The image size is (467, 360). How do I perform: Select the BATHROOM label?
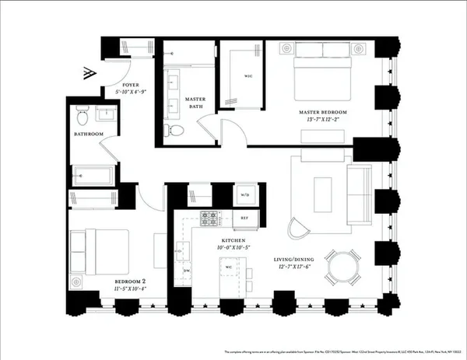point(89,135)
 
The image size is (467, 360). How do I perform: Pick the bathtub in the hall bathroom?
point(93,174)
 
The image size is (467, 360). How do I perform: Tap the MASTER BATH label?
point(195,103)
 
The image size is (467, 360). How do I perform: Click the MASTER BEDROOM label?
point(322,113)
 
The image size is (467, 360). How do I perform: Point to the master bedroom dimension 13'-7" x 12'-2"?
point(322,121)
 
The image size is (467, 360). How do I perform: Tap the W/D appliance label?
point(244,195)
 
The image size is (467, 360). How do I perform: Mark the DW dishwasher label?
point(187,271)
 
